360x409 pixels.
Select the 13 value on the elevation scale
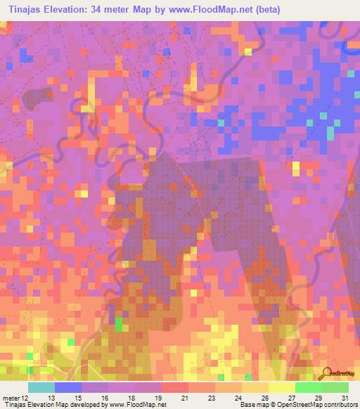tap(51, 397)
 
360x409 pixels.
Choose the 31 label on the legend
tap(345, 397)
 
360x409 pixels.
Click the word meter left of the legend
tap(10, 397)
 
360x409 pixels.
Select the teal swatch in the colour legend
tap(41, 387)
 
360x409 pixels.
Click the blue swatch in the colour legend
tap(68, 387)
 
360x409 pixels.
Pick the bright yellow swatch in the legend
tap(282, 387)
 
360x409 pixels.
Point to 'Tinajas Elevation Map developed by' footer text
tap(55, 405)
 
